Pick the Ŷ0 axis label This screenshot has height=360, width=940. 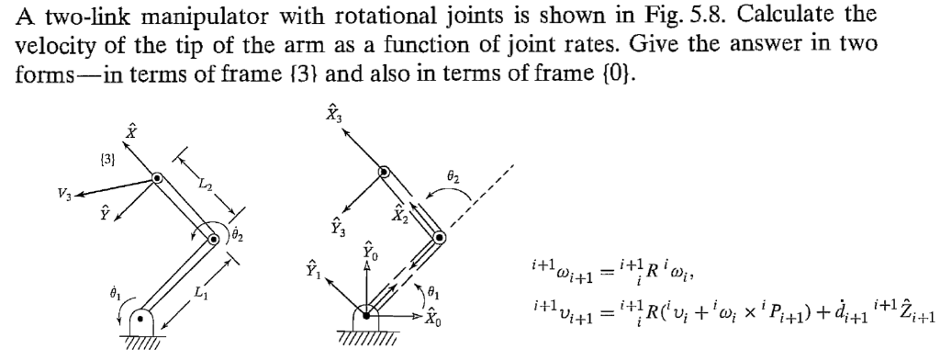tap(367, 251)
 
